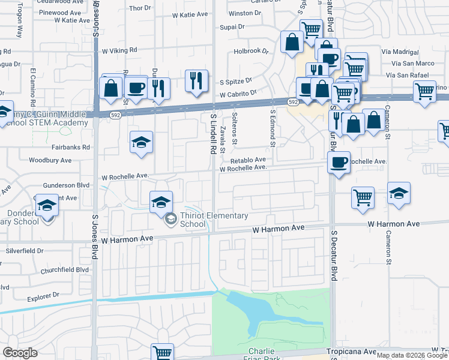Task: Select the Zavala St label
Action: tap(221, 143)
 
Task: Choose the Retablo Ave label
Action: tap(247, 160)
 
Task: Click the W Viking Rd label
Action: tap(119, 51)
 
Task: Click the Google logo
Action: tap(20, 353)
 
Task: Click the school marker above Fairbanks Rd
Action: tap(141, 143)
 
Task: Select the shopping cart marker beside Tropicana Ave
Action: tap(162, 352)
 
